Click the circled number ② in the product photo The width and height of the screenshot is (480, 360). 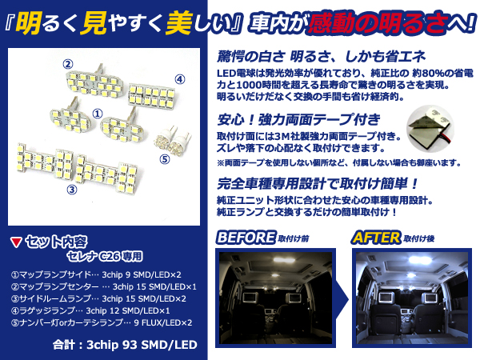click(x=68, y=64)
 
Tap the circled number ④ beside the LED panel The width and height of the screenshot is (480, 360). click(x=180, y=79)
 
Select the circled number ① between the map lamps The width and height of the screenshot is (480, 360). click(x=98, y=114)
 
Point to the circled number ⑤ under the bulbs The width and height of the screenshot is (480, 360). click(x=165, y=159)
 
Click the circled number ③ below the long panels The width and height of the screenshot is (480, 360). click(x=72, y=190)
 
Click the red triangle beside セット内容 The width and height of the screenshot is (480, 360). click(x=16, y=242)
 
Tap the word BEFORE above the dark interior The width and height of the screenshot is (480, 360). click(x=246, y=238)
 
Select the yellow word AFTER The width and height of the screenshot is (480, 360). click(x=377, y=238)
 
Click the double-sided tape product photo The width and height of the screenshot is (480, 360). click(x=430, y=129)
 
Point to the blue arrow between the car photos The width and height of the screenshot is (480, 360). click(x=343, y=298)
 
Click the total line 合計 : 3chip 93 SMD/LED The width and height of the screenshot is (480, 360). click(x=125, y=345)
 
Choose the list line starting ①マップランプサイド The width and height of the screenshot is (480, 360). click(x=96, y=274)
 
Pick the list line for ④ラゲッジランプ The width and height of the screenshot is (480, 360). click(x=90, y=310)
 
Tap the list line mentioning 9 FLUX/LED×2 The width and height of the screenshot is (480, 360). click(x=102, y=322)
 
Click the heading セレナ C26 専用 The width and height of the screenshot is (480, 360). click(x=105, y=256)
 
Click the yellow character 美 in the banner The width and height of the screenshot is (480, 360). click(x=178, y=22)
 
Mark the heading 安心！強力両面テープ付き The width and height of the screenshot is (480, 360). click(x=298, y=119)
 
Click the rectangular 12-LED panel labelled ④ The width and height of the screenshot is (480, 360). click(x=151, y=96)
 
